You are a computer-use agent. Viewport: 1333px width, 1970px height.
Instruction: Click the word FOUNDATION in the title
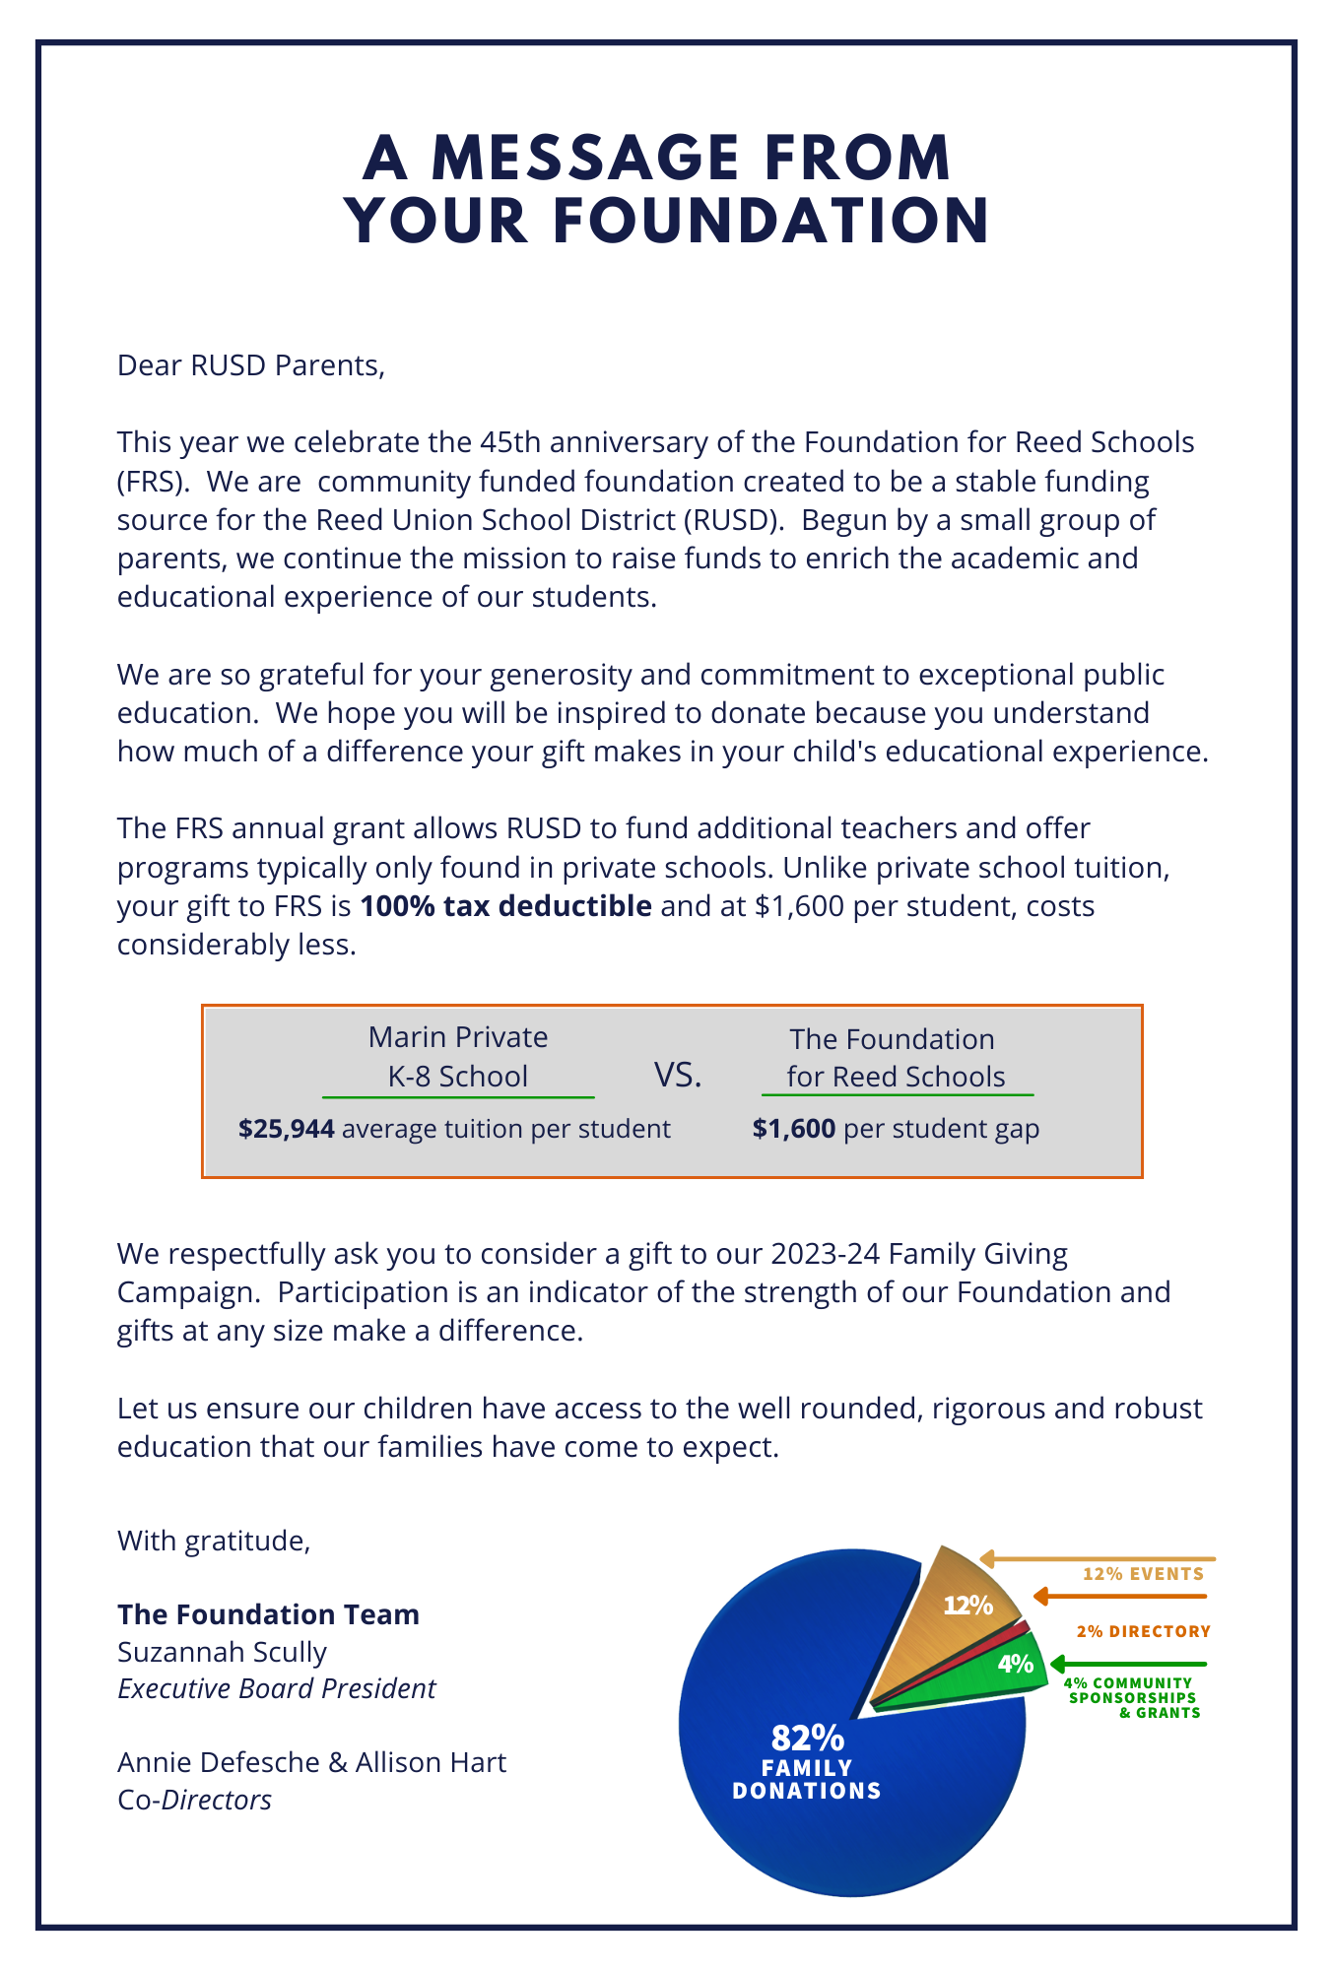coord(770,222)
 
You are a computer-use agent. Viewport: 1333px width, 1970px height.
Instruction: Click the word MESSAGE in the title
coord(586,159)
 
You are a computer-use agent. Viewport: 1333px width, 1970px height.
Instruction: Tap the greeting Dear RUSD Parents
coord(250,365)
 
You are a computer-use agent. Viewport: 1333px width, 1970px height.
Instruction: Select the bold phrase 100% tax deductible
coord(505,906)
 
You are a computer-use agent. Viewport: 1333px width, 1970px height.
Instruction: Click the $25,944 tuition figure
coord(286,1129)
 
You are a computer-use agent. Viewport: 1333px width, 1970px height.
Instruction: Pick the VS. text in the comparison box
coord(678,1076)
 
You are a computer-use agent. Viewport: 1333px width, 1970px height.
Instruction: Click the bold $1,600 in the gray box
coord(793,1129)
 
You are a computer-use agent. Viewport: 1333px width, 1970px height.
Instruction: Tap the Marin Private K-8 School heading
coord(458,1057)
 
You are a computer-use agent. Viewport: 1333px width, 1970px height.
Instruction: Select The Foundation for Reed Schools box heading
coord(895,1058)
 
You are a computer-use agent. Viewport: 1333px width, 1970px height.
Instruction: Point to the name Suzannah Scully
coord(222,1652)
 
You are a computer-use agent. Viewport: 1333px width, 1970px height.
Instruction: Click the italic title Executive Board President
coord(276,1688)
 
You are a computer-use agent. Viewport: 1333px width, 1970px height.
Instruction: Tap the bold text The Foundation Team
coord(268,1614)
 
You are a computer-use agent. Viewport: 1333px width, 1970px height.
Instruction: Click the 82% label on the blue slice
coord(807,1737)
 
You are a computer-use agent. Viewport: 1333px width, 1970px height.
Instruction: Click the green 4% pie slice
coord(1010,1666)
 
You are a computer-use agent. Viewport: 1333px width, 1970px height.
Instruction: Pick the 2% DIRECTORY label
coord(1143,1632)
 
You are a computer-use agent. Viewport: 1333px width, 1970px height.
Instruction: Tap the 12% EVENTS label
coord(1143,1574)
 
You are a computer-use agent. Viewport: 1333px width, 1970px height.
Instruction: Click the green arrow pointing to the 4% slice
coord(1128,1665)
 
